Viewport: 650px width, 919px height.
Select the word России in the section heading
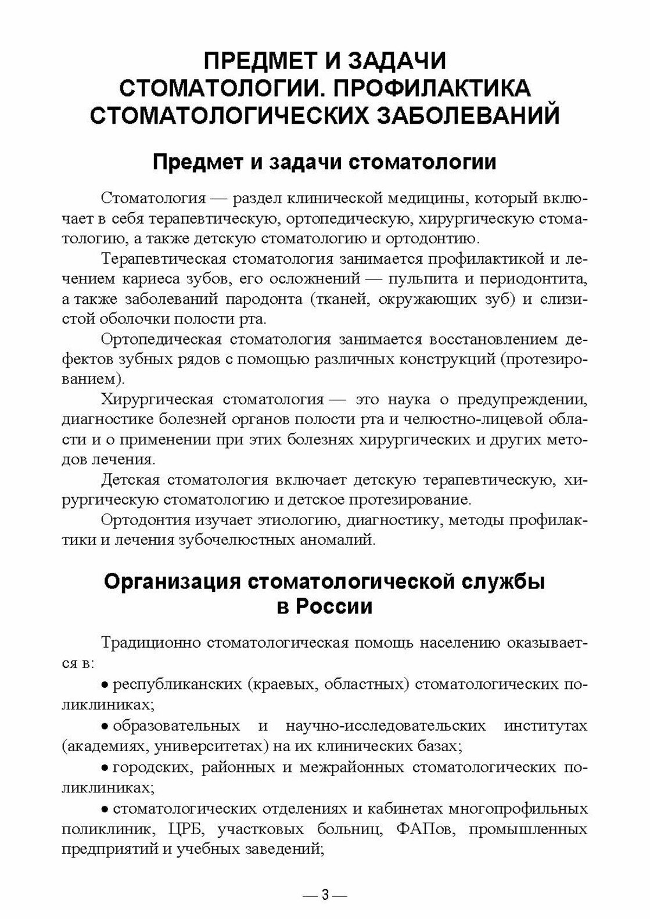pos(332,606)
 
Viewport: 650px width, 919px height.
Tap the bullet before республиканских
pos(105,685)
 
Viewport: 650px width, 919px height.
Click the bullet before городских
pos(105,768)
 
